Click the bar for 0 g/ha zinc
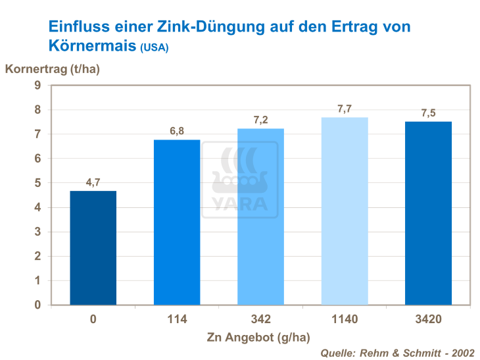click(x=93, y=247)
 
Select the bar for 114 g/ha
click(x=177, y=222)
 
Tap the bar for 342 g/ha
click(x=260, y=217)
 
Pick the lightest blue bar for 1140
click(x=344, y=211)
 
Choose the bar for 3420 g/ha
click(x=428, y=213)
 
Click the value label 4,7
click(x=93, y=182)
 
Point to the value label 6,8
click(x=177, y=131)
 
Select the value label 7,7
click(x=344, y=109)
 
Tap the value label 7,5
click(x=428, y=113)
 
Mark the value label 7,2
click(x=260, y=120)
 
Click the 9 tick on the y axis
click(x=38, y=86)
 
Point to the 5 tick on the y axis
click(x=38, y=183)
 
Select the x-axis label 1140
click(x=344, y=320)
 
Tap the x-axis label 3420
click(x=428, y=320)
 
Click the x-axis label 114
click(x=177, y=320)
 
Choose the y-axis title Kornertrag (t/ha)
click(x=53, y=69)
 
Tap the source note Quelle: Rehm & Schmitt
click(x=396, y=353)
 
